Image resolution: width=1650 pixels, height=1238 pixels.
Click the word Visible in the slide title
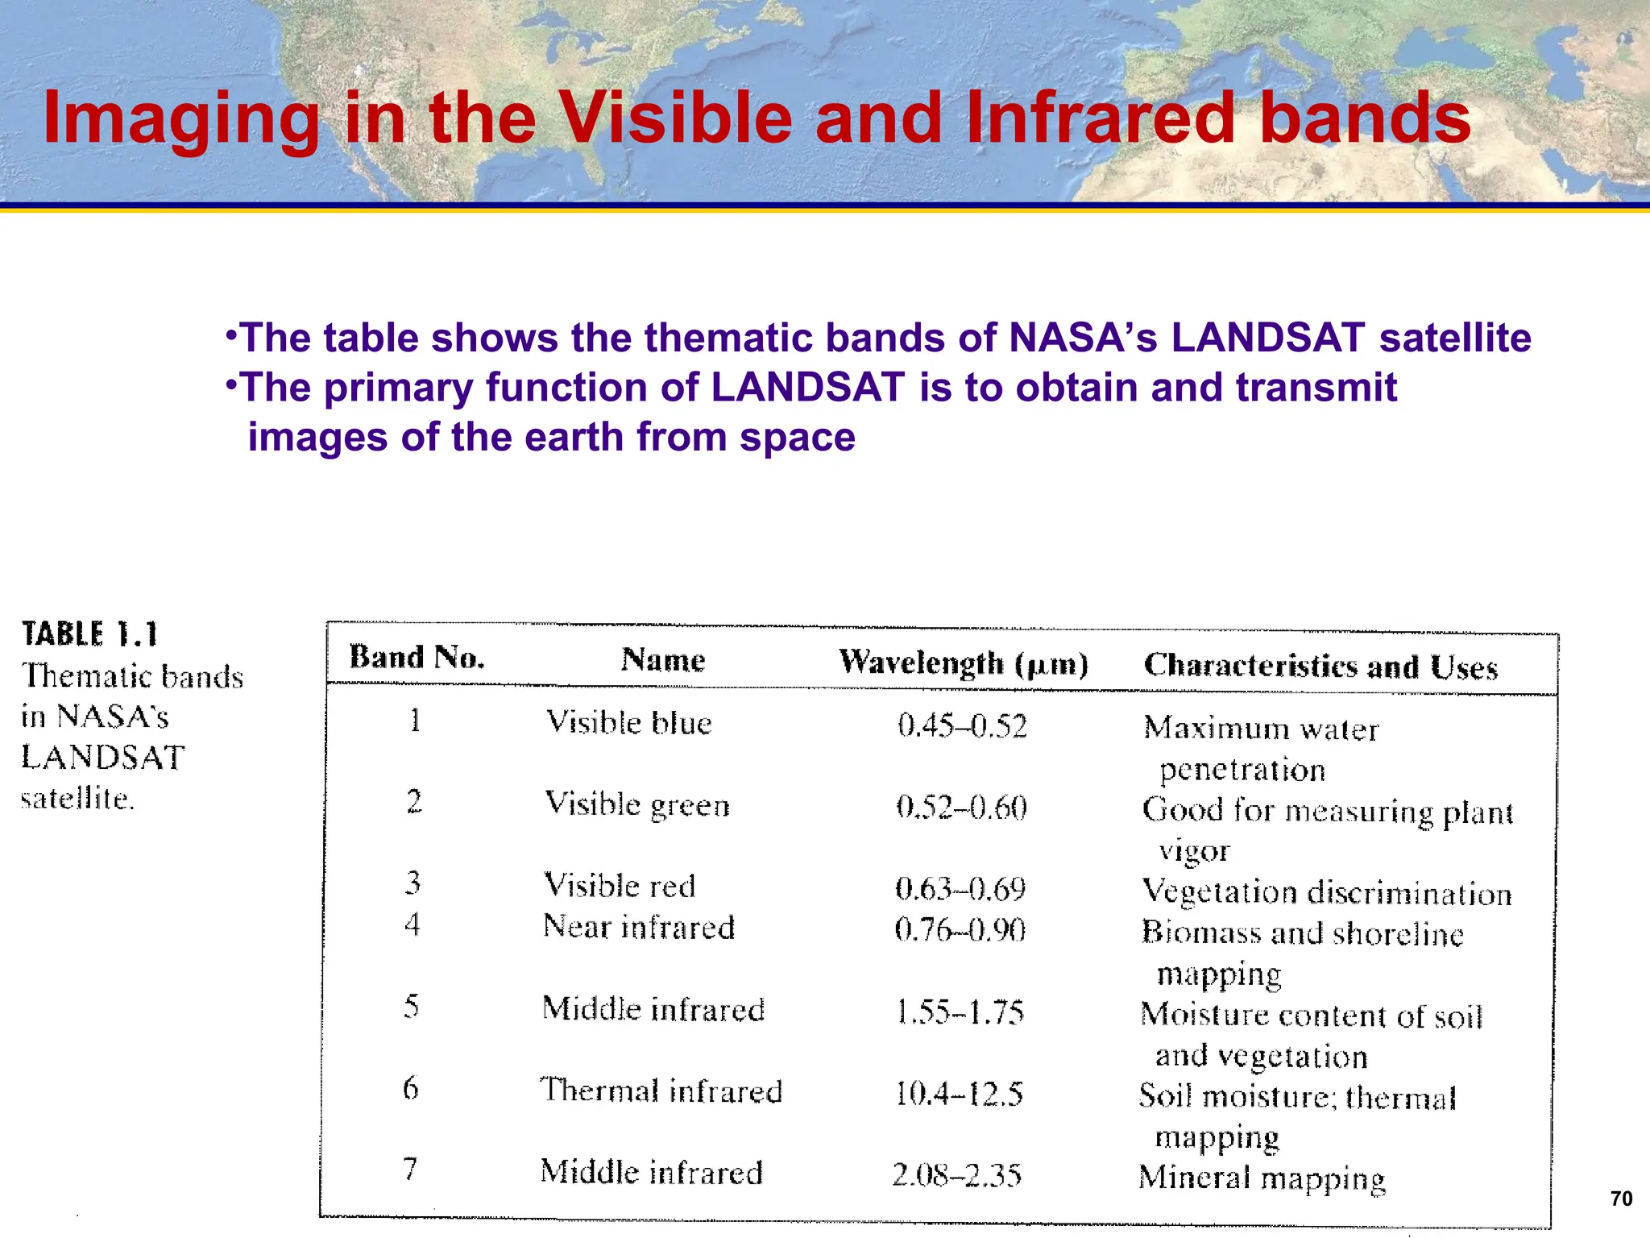coord(675,118)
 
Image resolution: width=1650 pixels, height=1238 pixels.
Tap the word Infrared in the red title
coord(1100,118)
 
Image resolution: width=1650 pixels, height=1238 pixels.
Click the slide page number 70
coord(1621,1199)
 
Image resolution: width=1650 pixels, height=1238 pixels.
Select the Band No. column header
coord(417,658)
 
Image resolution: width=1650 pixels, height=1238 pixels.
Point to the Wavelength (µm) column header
coord(963,663)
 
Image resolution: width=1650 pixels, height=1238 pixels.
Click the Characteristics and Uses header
coord(1320,667)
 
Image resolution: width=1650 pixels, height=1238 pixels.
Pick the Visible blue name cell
coord(628,723)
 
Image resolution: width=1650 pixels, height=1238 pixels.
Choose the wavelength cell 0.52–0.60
coord(961,807)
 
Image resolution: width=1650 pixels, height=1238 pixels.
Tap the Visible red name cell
coord(619,886)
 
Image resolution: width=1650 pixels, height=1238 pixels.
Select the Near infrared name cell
coord(638,927)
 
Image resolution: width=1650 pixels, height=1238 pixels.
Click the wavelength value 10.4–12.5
coord(959,1094)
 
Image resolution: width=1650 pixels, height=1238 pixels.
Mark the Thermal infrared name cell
coord(661,1091)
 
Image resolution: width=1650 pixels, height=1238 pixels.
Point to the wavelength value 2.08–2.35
coord(956,1175)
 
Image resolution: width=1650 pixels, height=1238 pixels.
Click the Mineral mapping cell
coord(1262,1178)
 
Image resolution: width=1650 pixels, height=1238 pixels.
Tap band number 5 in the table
coord(411,1006)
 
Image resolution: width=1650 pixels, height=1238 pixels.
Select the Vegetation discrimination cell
coord(1326,892)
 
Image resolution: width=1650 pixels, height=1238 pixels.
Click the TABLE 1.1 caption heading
coord(89,634)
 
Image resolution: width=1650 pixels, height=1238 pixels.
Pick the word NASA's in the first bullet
coord(1083,337)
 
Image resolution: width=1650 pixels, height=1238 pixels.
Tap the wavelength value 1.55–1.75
coord(960,1012)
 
